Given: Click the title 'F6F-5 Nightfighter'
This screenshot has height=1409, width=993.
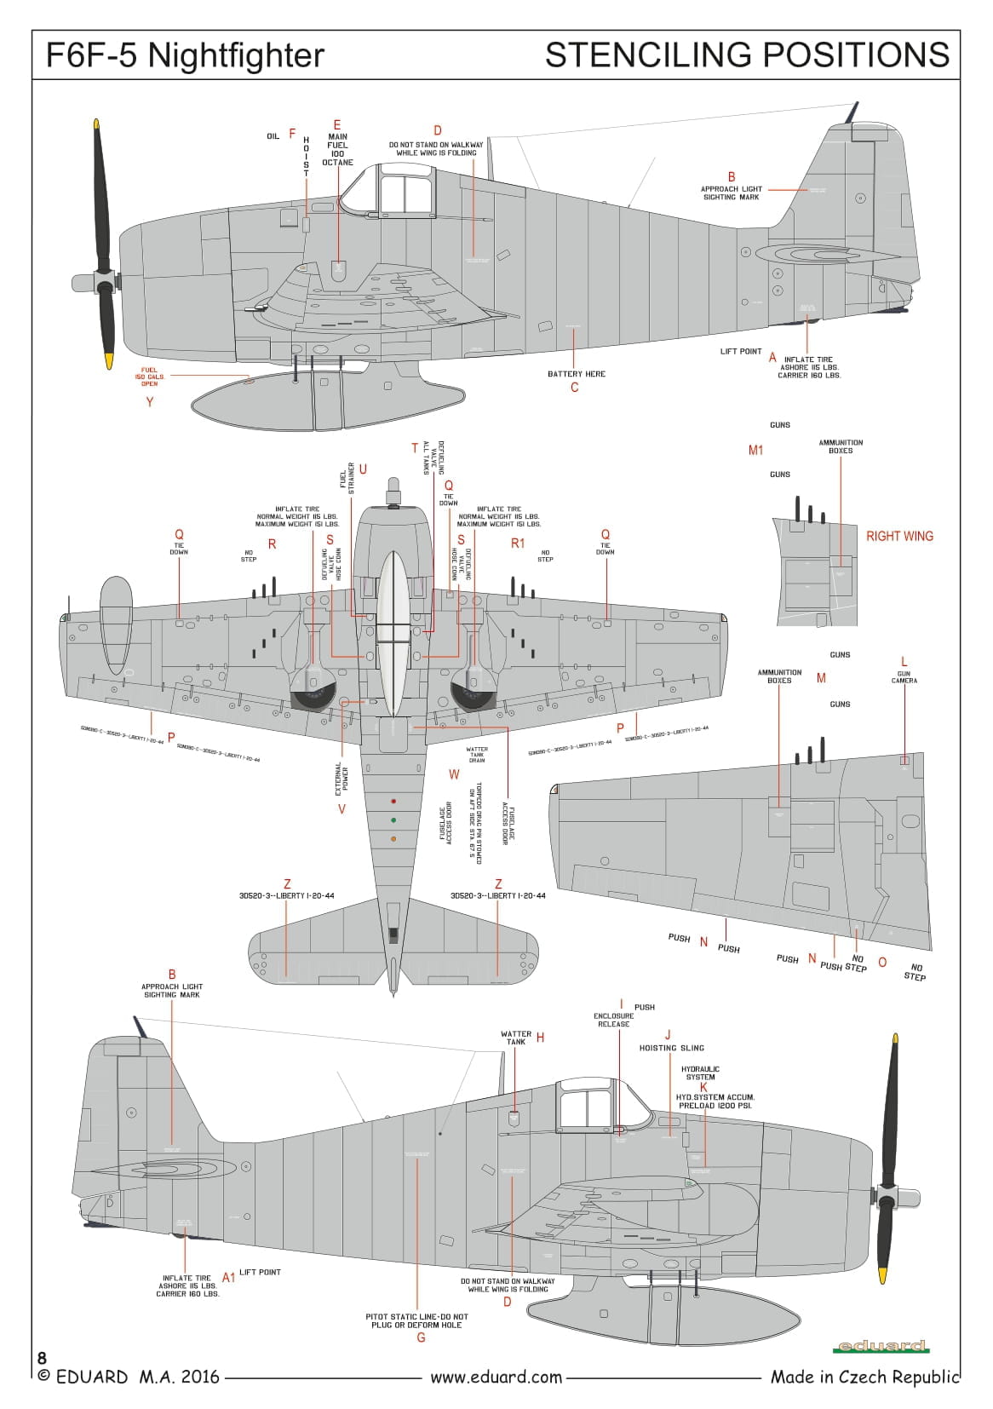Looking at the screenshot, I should click(x=185, y=56).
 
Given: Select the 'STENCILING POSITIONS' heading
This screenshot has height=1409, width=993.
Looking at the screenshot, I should click(x=747, y=55).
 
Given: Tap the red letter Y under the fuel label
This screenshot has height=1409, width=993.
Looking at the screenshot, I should click(x=150, y=401).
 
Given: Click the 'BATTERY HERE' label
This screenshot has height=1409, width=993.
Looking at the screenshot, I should click(x=577, y=374).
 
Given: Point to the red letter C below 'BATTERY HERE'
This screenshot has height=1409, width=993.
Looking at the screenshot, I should click(x=575, y=388).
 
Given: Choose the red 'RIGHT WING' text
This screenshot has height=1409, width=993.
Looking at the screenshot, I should click(x=899, y=536).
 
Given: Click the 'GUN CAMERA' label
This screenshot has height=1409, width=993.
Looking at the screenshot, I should click(x=904, y=677).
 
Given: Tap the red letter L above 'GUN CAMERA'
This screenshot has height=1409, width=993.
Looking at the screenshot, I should click(x=904, y=662).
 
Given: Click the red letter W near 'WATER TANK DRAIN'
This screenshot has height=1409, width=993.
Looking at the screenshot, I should click(x=454, y=774).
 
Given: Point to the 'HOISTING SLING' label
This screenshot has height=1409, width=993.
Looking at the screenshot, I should click(x=672, y=1048).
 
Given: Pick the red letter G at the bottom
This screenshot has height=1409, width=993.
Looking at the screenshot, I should click(x=421, y=1337).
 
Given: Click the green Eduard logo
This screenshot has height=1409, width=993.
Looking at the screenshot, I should click(x=881, y=1346).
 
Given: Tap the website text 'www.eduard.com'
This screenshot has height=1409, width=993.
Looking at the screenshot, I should click(x=496, y=1377).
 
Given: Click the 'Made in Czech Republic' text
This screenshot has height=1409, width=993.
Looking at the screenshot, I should click(x=864, y=1377).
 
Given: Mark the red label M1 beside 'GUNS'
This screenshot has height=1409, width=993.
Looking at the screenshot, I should click(x=755, y=450).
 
